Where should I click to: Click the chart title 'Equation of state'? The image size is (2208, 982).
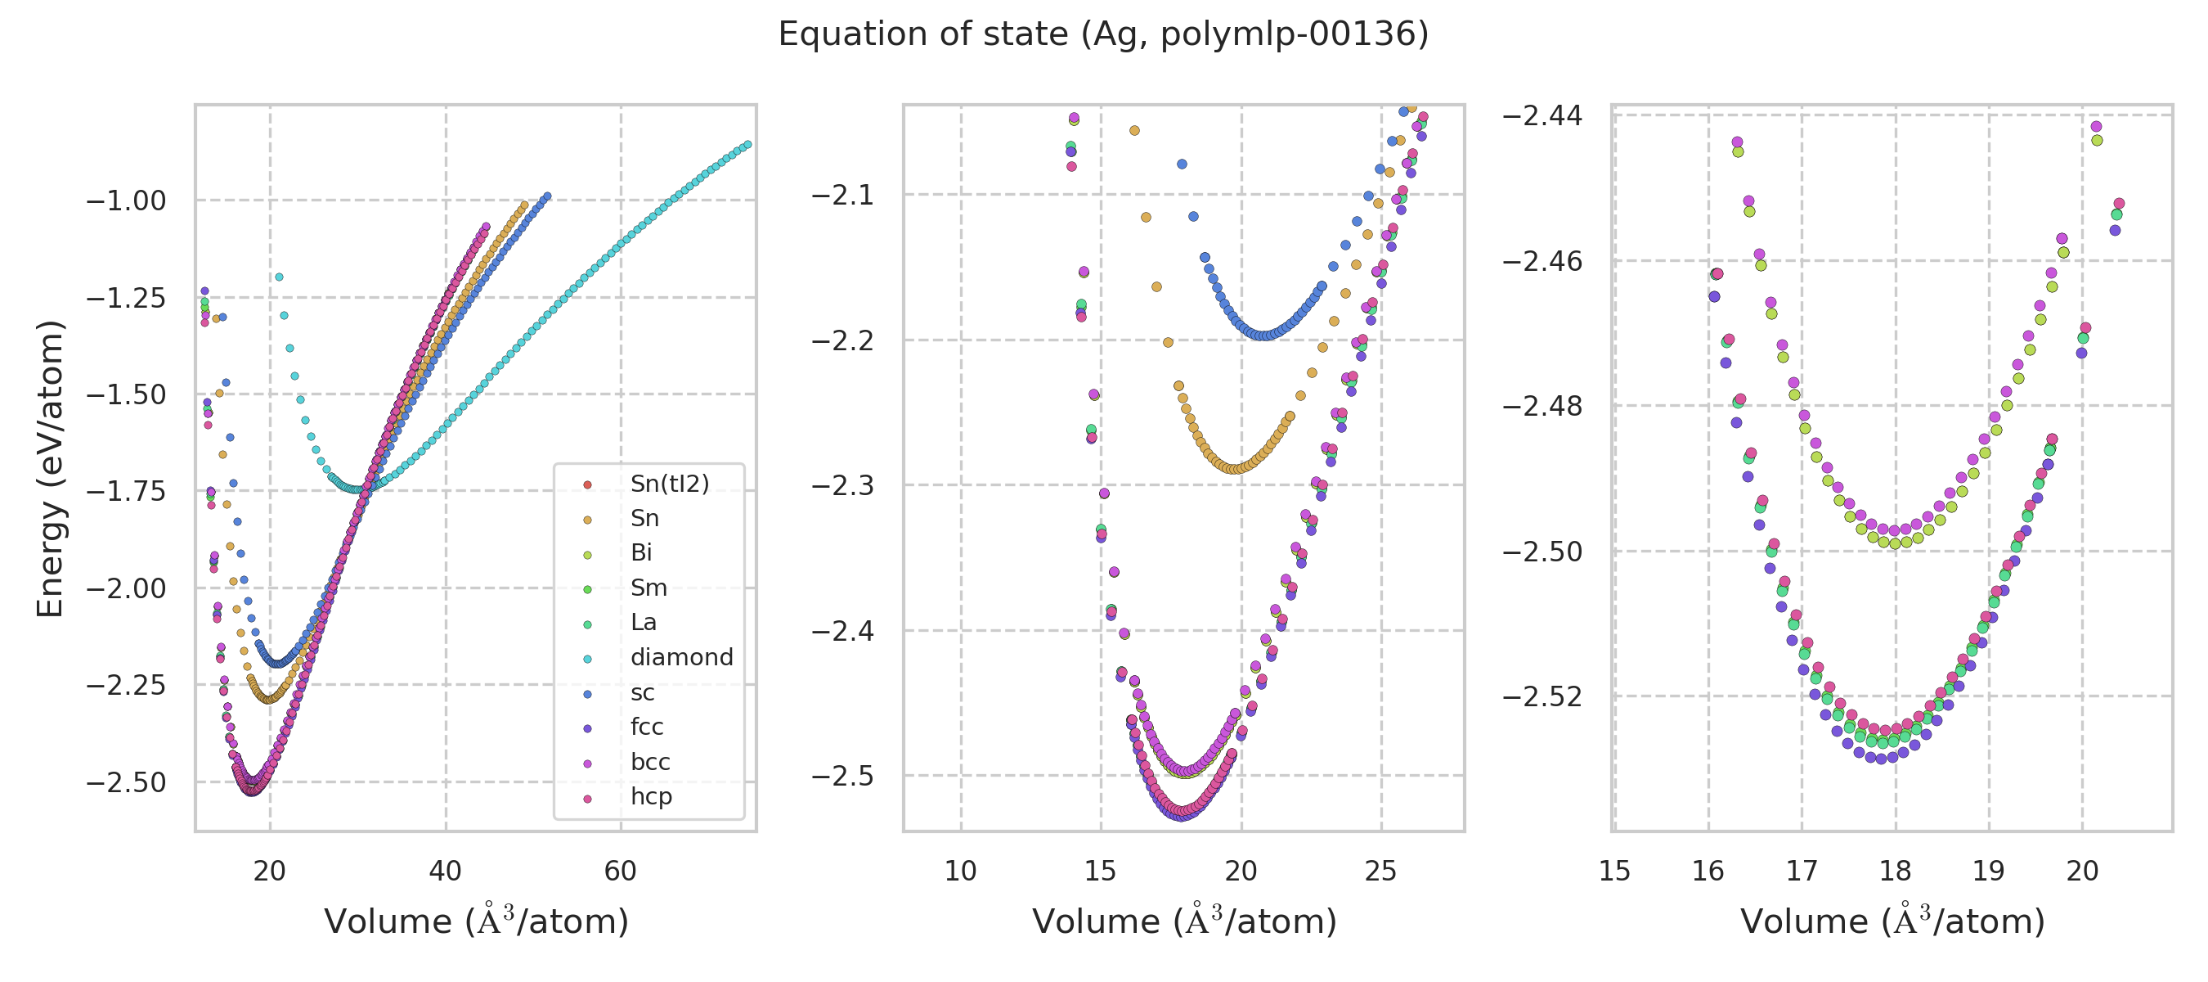pyautogui.click(x=1103, y=34)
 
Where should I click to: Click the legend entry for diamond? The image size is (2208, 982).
pyautogui.click(x=681, y=658)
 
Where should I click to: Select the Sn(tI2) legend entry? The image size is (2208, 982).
pyautogui.click(x=670, y=484)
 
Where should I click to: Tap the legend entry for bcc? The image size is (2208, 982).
pyautogui.click(x=649, y=763)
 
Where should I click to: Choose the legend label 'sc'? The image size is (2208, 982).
pyautogui.click(x=642, y=693)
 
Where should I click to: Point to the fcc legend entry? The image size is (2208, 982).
pyautogui.click(x=646, y=727)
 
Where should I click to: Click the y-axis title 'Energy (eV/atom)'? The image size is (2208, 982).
pyautogui.click(x=50, y=468)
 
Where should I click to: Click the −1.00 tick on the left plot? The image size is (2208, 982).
pyautogui.click(x=126, y=201)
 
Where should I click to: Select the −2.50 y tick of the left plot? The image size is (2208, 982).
pyautogui.click(x=126, y=783)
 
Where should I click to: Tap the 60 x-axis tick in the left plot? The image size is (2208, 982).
pyautogui.click(x=621, y=872)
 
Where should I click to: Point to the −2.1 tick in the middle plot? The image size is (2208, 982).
pyautogui.click(x=842, y=196)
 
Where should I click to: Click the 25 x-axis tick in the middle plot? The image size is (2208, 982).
pyautogui.click(x=1381, y=872)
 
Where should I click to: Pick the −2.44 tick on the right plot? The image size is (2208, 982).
pyautogui.click(x=1542, y=115)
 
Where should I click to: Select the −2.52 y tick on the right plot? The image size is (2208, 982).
pyautogui.click(x=1542, y=696)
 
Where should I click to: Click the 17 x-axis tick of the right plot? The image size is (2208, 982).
pyautogui.click(x=1802, y=872)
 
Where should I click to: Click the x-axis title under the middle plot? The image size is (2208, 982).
pyautogui.click(x=1183, y=922)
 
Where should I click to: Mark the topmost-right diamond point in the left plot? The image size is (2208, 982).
pyautogui.click(x=747, y=144)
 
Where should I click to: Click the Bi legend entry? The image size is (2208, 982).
pyautogui.click(x=641, y=554)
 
